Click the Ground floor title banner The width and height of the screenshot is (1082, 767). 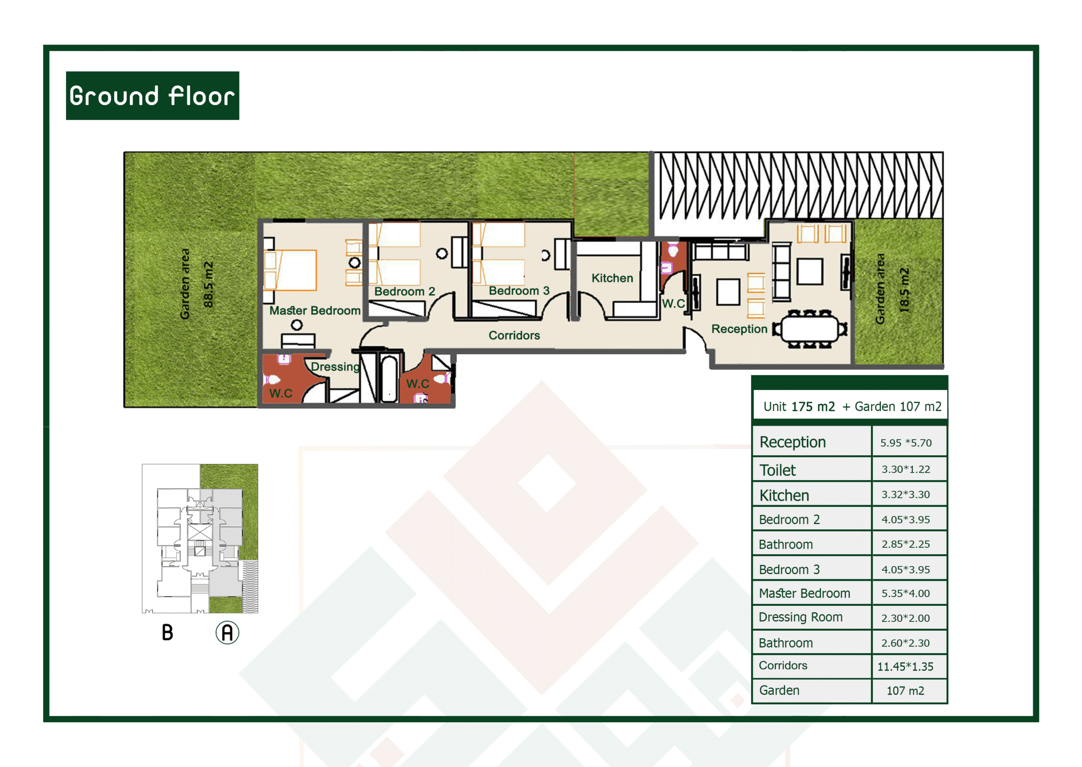pyautogui.click(x=153, y=96)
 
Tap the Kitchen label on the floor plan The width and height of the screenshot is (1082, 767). pyautogui.click(x=612, y=278)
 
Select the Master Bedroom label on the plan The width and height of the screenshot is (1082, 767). pyautogui.click(x=315, y=311)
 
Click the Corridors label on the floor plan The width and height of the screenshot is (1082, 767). pyautogui.click(x=514, y=335)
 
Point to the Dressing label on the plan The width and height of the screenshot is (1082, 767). pyautogui.click(x=335, y=367)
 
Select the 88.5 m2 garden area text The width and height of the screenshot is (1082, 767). pyautogui.click(x=208, y=285)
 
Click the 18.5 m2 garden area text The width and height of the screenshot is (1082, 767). pyautogui.click(x=904, y=290)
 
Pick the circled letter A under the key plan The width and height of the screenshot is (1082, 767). pyautogui.click(x=227, y=632)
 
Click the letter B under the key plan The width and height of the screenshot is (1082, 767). pyautogui.click(x=167, y=632)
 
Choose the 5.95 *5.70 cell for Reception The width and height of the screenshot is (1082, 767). pyautogui.click(x=905, y=443)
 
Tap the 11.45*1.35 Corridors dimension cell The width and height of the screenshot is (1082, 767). pyautogui.click(x=905, y=666)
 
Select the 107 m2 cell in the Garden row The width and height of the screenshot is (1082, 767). pyautogui.click(x=905, y=691)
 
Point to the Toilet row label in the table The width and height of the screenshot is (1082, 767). pyautogui.click(x=777, y=470)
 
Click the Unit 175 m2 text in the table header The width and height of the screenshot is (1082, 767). pyautogui.click(x=799, y=407)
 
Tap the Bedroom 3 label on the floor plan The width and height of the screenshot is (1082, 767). pyautogui.click(x=519, y=291)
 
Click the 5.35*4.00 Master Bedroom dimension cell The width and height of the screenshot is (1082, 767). pyautogui.click(x=905, y=594)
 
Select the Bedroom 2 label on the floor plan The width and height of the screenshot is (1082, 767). pyautogui.click(x=404, y=292)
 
